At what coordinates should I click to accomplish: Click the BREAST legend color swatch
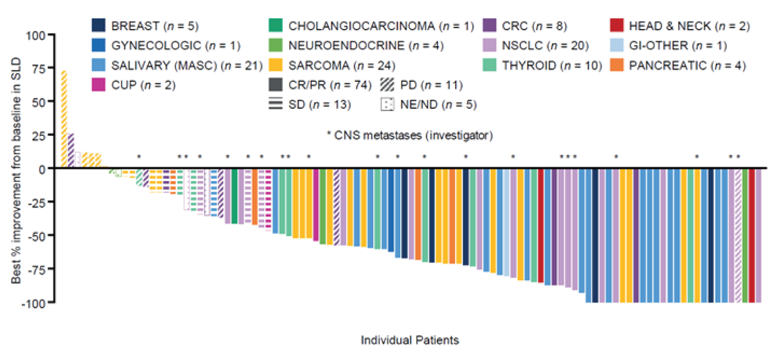click(x=98, y=25)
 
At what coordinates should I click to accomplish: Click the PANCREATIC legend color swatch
click(x=619, y=65)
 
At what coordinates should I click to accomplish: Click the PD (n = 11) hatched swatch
click(x=388, y=85)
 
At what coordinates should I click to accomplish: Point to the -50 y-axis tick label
click(x=39, y=236)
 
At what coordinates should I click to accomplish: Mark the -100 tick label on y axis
click(x=37, y=303)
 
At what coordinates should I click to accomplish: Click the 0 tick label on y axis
click(x=44, y=169)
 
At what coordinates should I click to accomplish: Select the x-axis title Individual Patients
click(x=410, y=340)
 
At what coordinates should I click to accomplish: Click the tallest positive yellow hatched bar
click(x=64, y=119)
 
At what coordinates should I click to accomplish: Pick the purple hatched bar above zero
click(x=71, y=151)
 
